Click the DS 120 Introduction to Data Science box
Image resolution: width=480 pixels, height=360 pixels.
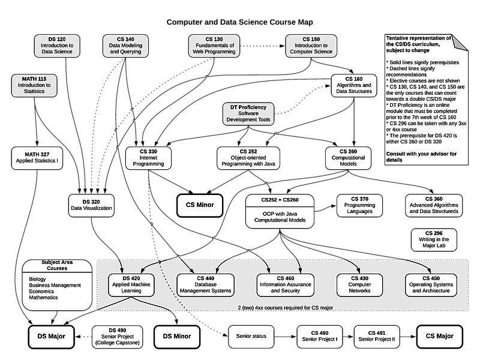tap(57, 46)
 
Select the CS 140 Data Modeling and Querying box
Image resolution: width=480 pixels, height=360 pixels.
tap(125, 46)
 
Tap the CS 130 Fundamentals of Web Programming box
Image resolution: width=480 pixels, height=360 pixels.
tap(214, 46)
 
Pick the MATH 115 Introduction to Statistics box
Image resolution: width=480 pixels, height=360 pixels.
tap(34, 85)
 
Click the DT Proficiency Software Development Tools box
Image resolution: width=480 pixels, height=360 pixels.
tap(248, 113)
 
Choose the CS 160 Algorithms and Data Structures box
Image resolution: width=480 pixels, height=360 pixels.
tap(354, 85)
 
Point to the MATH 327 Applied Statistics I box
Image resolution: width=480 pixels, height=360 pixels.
tap(37, 158)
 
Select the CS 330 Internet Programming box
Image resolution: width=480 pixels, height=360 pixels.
tap(148, 158)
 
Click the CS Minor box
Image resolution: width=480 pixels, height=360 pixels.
tap(200, 205)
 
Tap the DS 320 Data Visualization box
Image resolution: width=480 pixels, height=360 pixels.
tap(91, 205)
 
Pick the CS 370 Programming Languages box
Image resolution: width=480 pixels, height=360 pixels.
tap(359, 205)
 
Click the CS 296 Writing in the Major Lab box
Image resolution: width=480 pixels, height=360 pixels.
tap(434, 239)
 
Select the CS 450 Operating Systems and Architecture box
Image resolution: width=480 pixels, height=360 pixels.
tap(431, 285)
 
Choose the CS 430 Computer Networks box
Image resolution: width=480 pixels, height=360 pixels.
tap(359, 285)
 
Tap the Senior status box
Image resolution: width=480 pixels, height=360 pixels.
tap(251, 337)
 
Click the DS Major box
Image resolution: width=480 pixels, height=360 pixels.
tap(52, 337)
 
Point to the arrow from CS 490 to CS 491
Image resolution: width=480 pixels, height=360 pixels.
tap(349, 337)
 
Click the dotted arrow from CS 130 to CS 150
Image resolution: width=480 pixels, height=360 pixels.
tap(263, 46)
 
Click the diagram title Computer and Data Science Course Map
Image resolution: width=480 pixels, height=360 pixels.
tap(239, 22)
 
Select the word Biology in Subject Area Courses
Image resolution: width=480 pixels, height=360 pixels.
tap(37, 279)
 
